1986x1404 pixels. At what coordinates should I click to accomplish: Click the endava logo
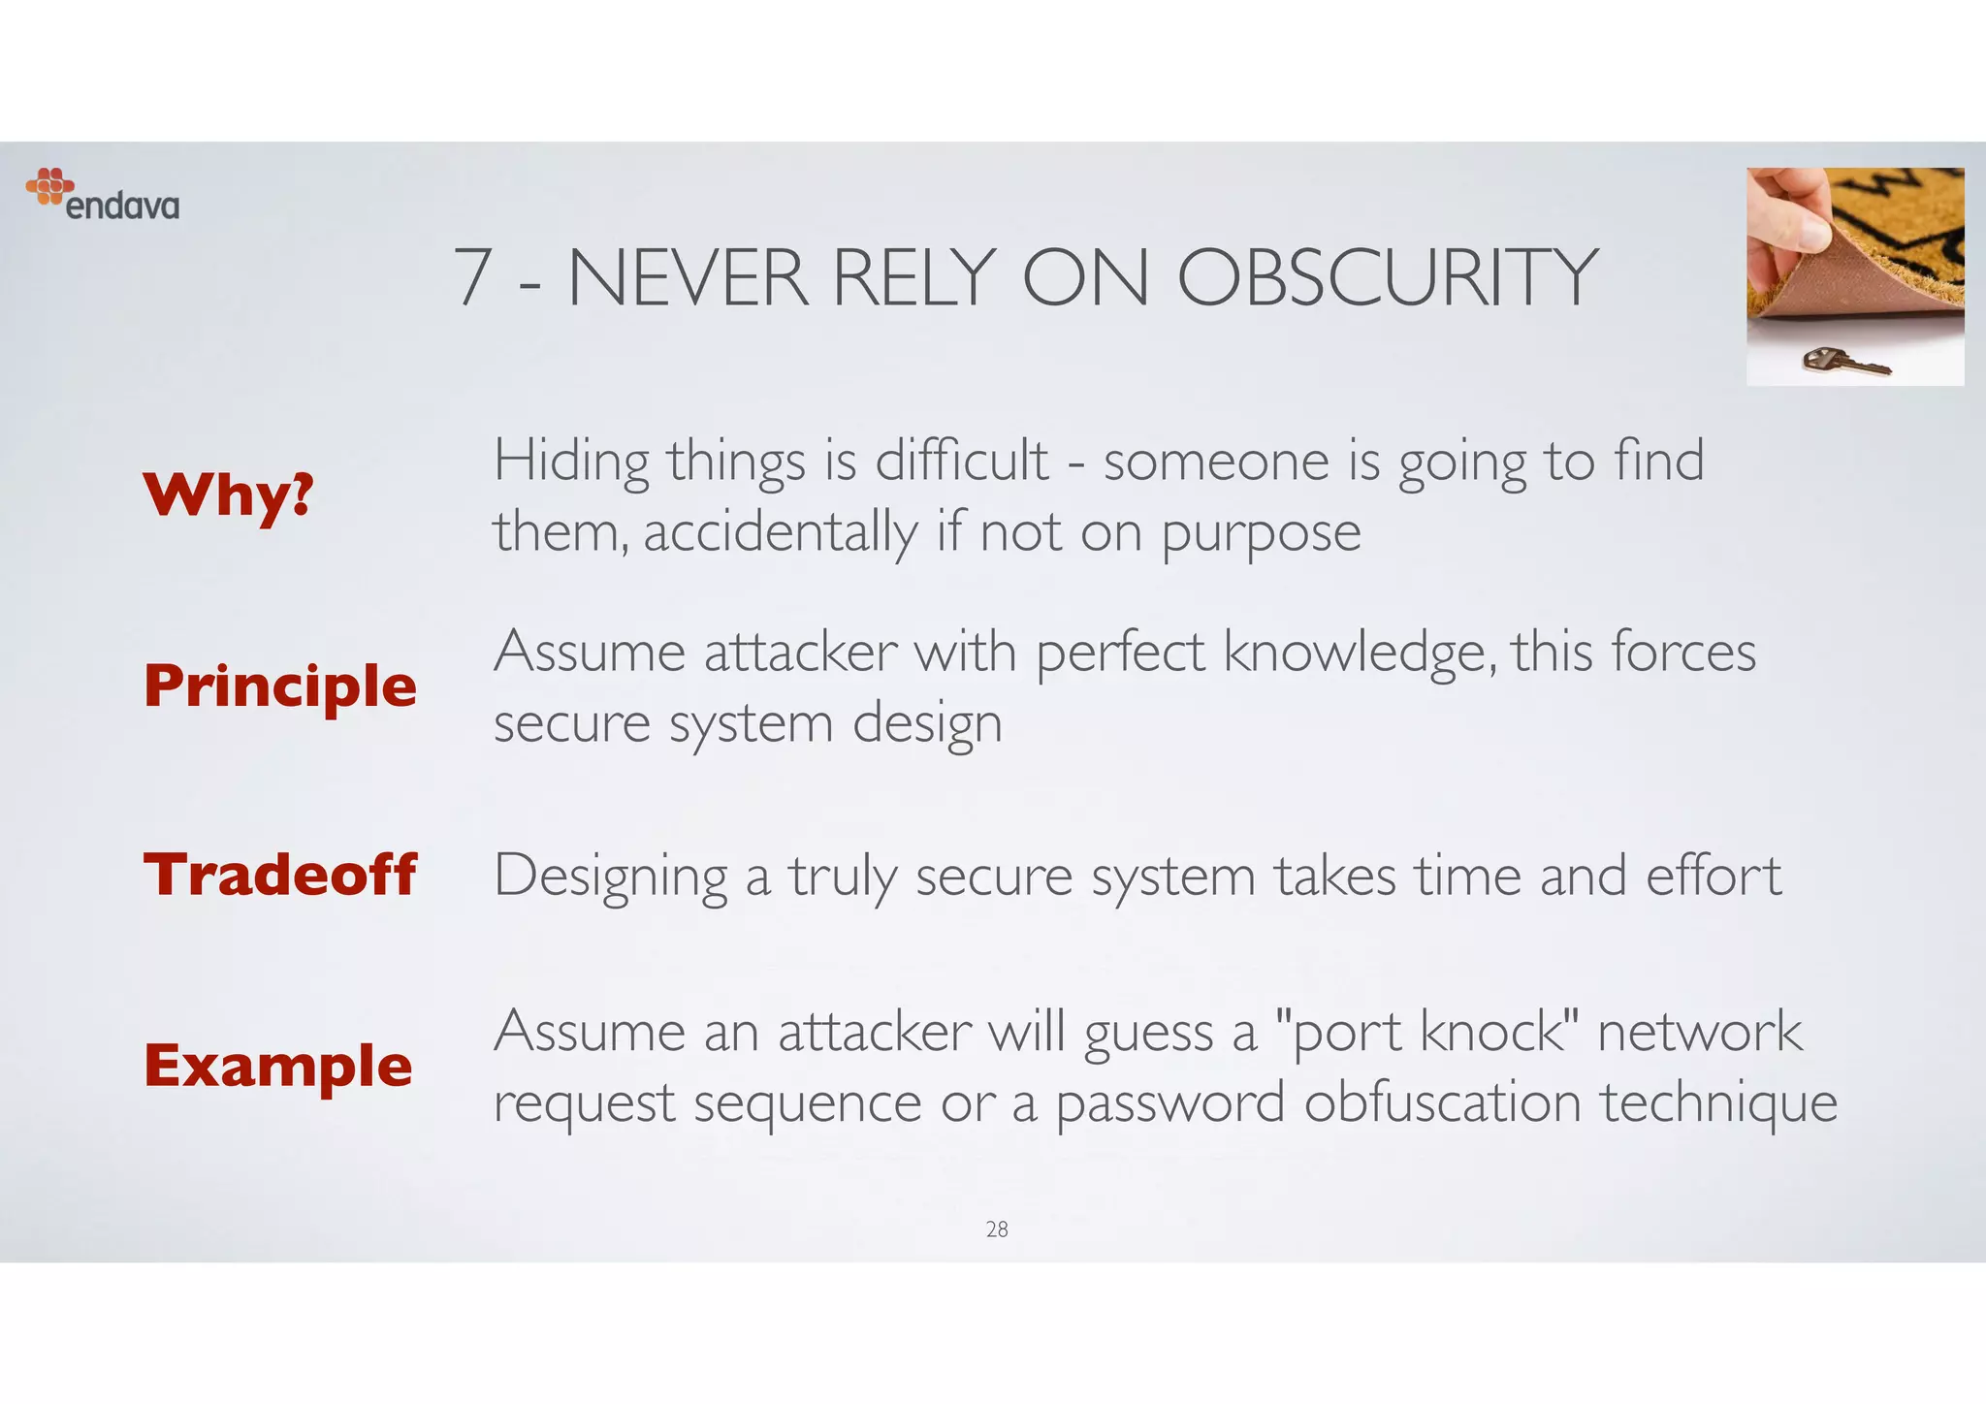pos(103,195)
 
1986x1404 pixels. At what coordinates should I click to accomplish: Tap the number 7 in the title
pos(472,278)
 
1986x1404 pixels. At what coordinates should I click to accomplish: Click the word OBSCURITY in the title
pos(1387,278)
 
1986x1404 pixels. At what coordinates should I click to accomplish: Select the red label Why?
pos(229,495)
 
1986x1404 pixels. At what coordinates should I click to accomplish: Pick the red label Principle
pos(280,686)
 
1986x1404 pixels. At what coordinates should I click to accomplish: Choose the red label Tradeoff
pos(280,875)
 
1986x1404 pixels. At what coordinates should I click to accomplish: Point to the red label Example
pos(278,1066)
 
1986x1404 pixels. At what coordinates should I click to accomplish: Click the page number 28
pos(997,1229)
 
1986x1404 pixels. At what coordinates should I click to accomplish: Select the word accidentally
pos(780,532)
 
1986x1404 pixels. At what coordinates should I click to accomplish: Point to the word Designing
pos(611,877)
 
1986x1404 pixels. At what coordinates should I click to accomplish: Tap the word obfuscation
pos(1442,1102)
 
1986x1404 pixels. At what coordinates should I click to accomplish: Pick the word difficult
pos(962,460)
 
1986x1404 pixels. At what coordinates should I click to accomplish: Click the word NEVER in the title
pos(688,278)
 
